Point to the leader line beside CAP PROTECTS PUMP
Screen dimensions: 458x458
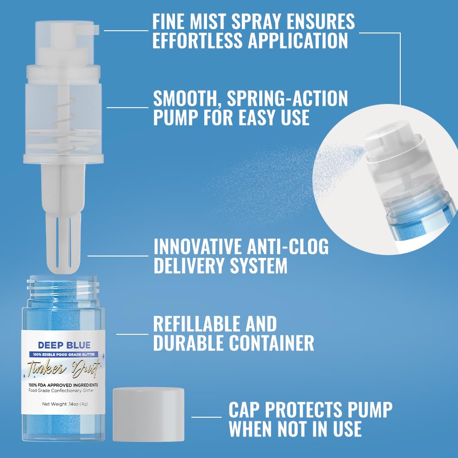tap(206, 417)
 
